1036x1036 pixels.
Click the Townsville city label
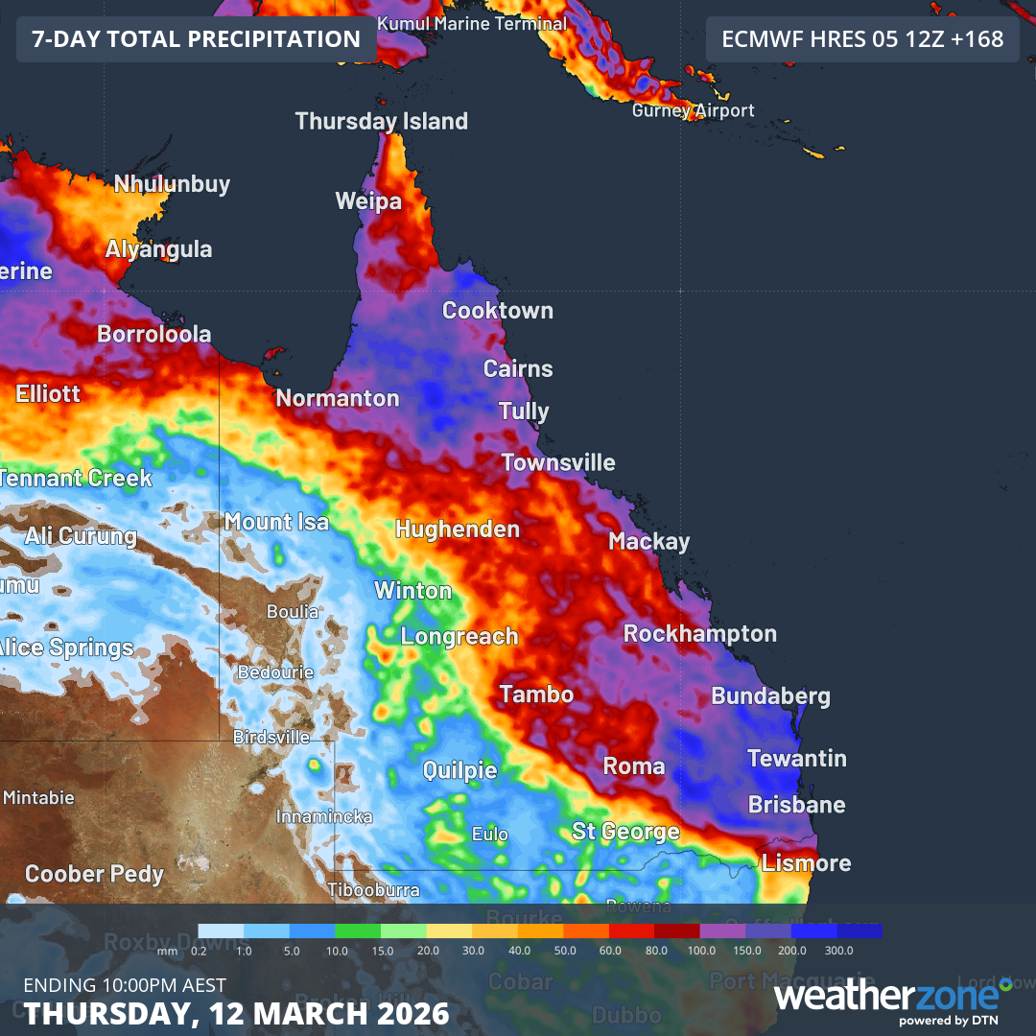click(558, 463)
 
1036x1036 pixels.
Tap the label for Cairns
click(518, 369)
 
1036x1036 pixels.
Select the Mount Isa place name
click(276, 523)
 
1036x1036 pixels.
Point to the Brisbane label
click(797, 805)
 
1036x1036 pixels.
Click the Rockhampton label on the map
click(700, 634)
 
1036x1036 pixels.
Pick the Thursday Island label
click(382, 122)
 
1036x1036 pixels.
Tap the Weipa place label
click(368, 201)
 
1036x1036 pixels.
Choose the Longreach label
click(459, 637)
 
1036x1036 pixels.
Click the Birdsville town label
click(271, 738)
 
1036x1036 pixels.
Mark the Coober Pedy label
click(94, 875)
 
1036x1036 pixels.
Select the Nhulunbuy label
click(172, 184)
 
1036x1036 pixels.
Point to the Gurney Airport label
click(693, 111)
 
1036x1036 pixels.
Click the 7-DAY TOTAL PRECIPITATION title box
click(196, 39)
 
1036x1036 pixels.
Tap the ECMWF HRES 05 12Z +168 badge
click(862, 39)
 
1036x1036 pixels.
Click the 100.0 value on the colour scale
click(701, 951)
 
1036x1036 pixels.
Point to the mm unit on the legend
click(168, 951)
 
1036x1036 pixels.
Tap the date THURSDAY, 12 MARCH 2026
click(237, 1014)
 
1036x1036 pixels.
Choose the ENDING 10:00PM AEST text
click(125, 985)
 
